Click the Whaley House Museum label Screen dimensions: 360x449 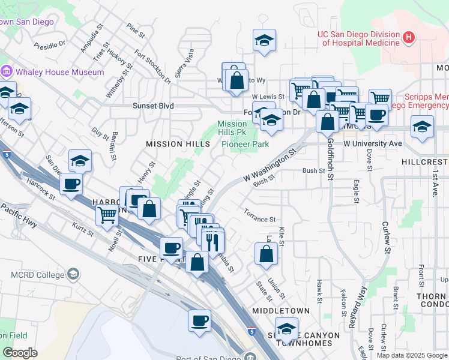[60, 72]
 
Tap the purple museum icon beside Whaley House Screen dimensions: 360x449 [7, 72]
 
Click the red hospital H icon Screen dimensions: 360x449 [409, 38]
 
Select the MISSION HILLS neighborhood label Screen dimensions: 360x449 [178, 144]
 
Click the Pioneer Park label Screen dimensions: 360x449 [245, 144]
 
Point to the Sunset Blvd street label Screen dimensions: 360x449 [153, 106]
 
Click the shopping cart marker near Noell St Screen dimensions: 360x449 [107, 214]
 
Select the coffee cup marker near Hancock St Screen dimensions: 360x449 [71, 184]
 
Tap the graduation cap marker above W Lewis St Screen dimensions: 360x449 [264, 40]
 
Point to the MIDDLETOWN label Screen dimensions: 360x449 [281, 311]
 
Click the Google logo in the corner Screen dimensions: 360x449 [20, 353]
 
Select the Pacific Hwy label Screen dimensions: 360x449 [19, 217]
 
